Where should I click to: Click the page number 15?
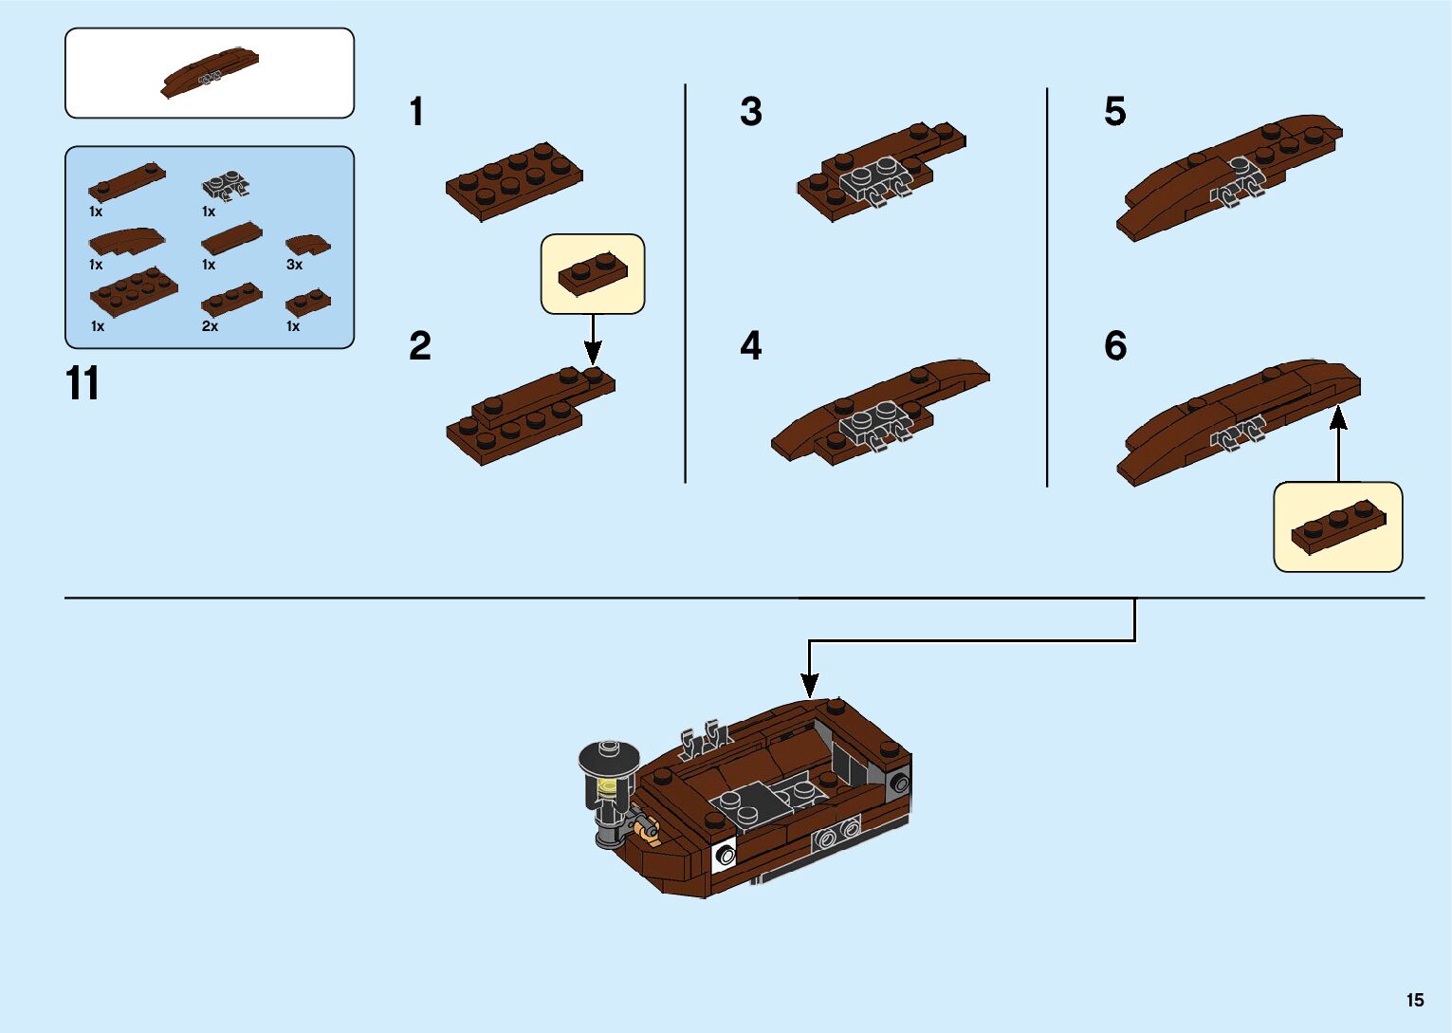[x=1415, y=1000]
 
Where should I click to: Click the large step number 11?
[x=83, y=384]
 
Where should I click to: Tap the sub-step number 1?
[x=416, y=112]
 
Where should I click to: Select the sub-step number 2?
[x=419, y=346]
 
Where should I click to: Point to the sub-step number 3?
[x=750, y=112]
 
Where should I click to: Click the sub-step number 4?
[x=750, y=346]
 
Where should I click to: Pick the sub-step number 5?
[x=1114, y=112]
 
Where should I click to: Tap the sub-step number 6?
[x=1115, y=346]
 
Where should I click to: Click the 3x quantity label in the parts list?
[x=294, y=265]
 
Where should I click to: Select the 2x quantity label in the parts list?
[x=210, y=326]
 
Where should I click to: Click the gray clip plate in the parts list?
[x=226, y=184]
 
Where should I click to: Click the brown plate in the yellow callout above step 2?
[x=592, y=273]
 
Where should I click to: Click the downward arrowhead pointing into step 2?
[x=593, y=356]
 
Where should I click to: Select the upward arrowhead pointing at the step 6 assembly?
[x=1338, y=416]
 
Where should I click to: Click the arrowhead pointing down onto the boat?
[x=809, y=685]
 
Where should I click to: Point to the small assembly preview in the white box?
[x=211, y=73]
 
